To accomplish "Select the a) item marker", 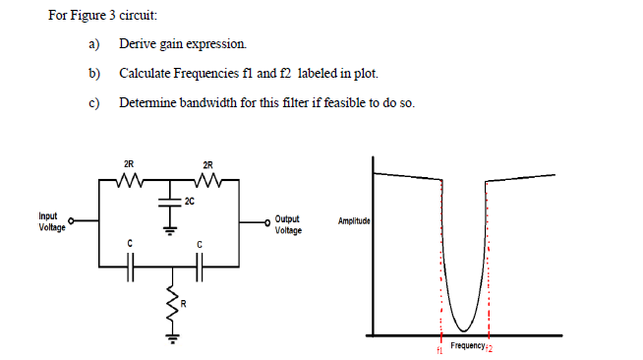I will (93, 44).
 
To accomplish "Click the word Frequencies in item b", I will (195, 74).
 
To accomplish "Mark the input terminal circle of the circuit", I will (72, 222).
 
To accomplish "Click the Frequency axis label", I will (467, 346).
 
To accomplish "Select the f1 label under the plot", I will (439, 349).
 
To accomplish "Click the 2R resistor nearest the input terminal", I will (129, 182).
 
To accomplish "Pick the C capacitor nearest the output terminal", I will (200, 265).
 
